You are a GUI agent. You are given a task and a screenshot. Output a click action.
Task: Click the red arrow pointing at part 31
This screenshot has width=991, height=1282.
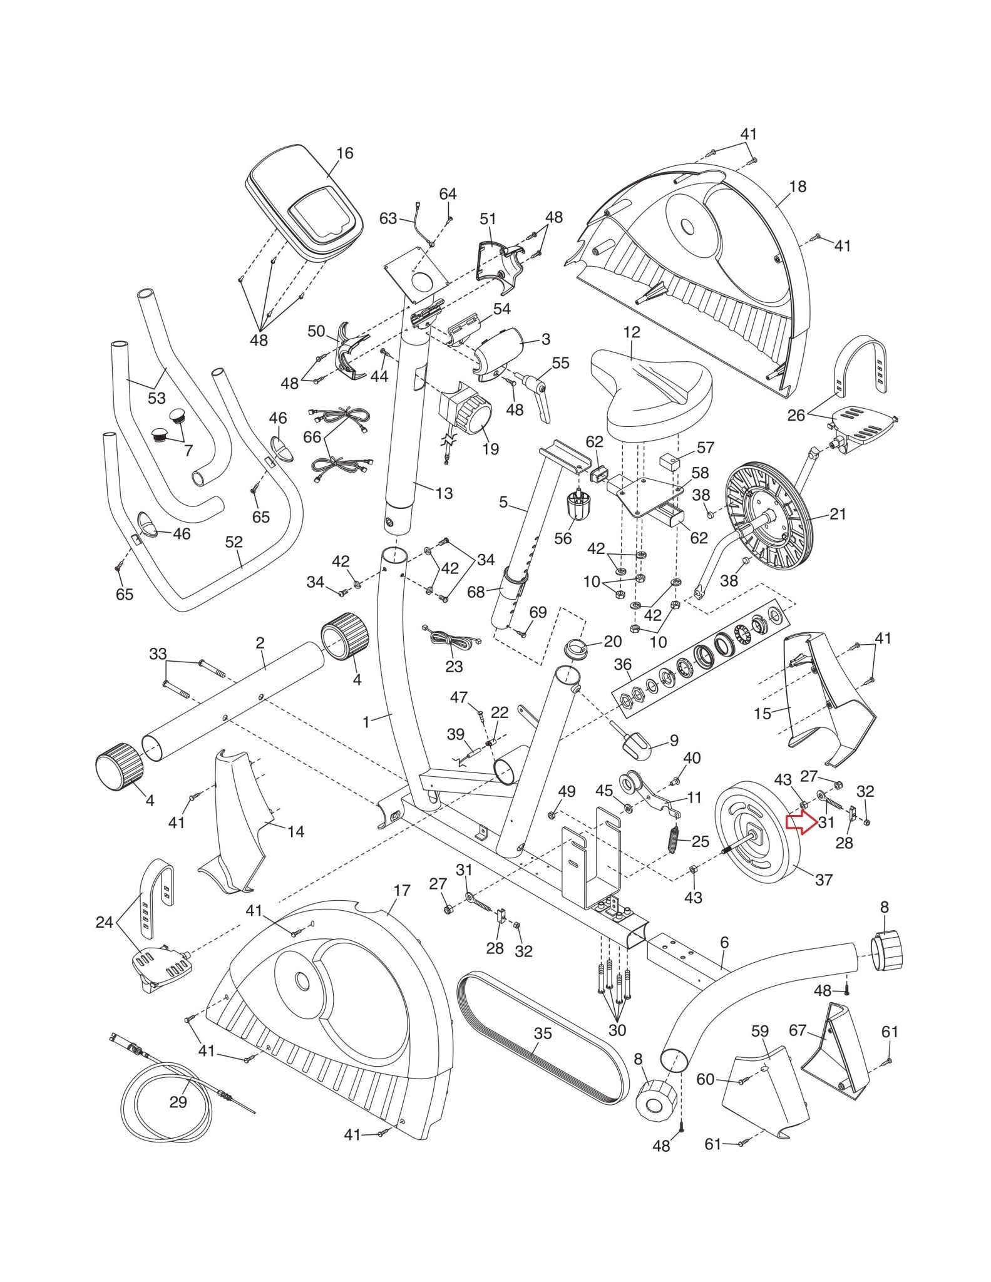click(x=801, y=823)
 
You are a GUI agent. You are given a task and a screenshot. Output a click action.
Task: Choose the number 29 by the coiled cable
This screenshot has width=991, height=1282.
click(x=178, y=1102)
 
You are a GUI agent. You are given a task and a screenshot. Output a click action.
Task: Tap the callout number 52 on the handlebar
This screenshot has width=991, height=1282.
click(x=234, y=542)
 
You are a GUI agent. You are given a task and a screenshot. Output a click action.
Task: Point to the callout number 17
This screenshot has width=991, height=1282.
click(x=402, y=890)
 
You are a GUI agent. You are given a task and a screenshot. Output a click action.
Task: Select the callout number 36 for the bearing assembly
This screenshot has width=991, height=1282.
click(x=623, y=664)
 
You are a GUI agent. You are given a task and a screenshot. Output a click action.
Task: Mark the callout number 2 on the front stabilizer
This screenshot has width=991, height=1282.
click(x=260, y=643)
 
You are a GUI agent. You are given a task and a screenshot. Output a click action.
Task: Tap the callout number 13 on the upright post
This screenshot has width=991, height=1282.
click(x=444, y=493)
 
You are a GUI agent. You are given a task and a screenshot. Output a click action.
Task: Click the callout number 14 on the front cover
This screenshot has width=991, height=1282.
click(x=295, y=831)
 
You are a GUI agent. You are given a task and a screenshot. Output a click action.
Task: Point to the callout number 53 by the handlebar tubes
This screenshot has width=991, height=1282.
click(x=157, y=398)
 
